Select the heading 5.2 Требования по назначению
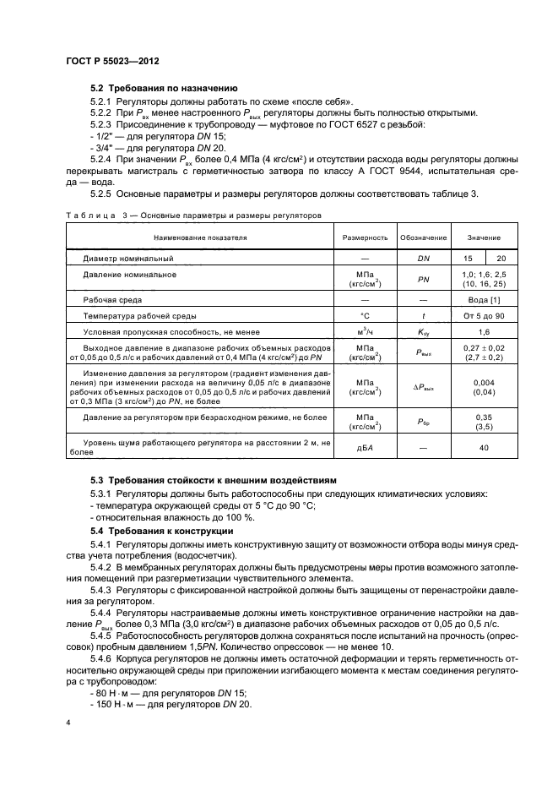pyautogui.click(x=164, y=88)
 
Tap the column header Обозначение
pyautogui.click(x=424, y=238)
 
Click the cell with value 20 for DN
pyautogui.click(x=501, y=258)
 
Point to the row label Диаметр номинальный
pyautogui.click(x=128, y=258)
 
